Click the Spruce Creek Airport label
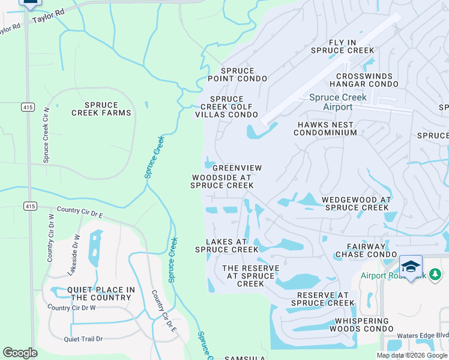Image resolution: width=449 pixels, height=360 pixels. (338, 102)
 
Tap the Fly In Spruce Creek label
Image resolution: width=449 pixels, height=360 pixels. (343, 47)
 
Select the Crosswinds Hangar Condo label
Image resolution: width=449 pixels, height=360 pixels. (367, 80)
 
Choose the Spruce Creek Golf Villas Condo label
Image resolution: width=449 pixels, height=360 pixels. (226, 107)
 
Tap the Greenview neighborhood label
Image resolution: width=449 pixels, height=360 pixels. (234, 169)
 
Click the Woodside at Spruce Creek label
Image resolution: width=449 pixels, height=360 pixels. (222, 182)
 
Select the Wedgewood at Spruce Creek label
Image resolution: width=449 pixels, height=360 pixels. (357, 203)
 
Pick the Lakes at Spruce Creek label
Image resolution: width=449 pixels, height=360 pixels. (226, 245)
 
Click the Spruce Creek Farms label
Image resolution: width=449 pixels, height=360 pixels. (101, 109)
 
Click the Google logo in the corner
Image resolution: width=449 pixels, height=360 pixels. (20, 353)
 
